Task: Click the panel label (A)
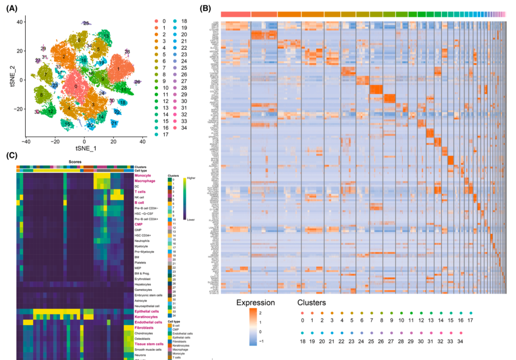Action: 11,9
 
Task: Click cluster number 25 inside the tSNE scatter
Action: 86,23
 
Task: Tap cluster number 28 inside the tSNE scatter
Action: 127,52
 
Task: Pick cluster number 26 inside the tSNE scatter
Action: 137,82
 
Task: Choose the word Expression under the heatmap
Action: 255,303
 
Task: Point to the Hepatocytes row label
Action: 144,284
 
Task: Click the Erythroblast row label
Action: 144,278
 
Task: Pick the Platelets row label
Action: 142,262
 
